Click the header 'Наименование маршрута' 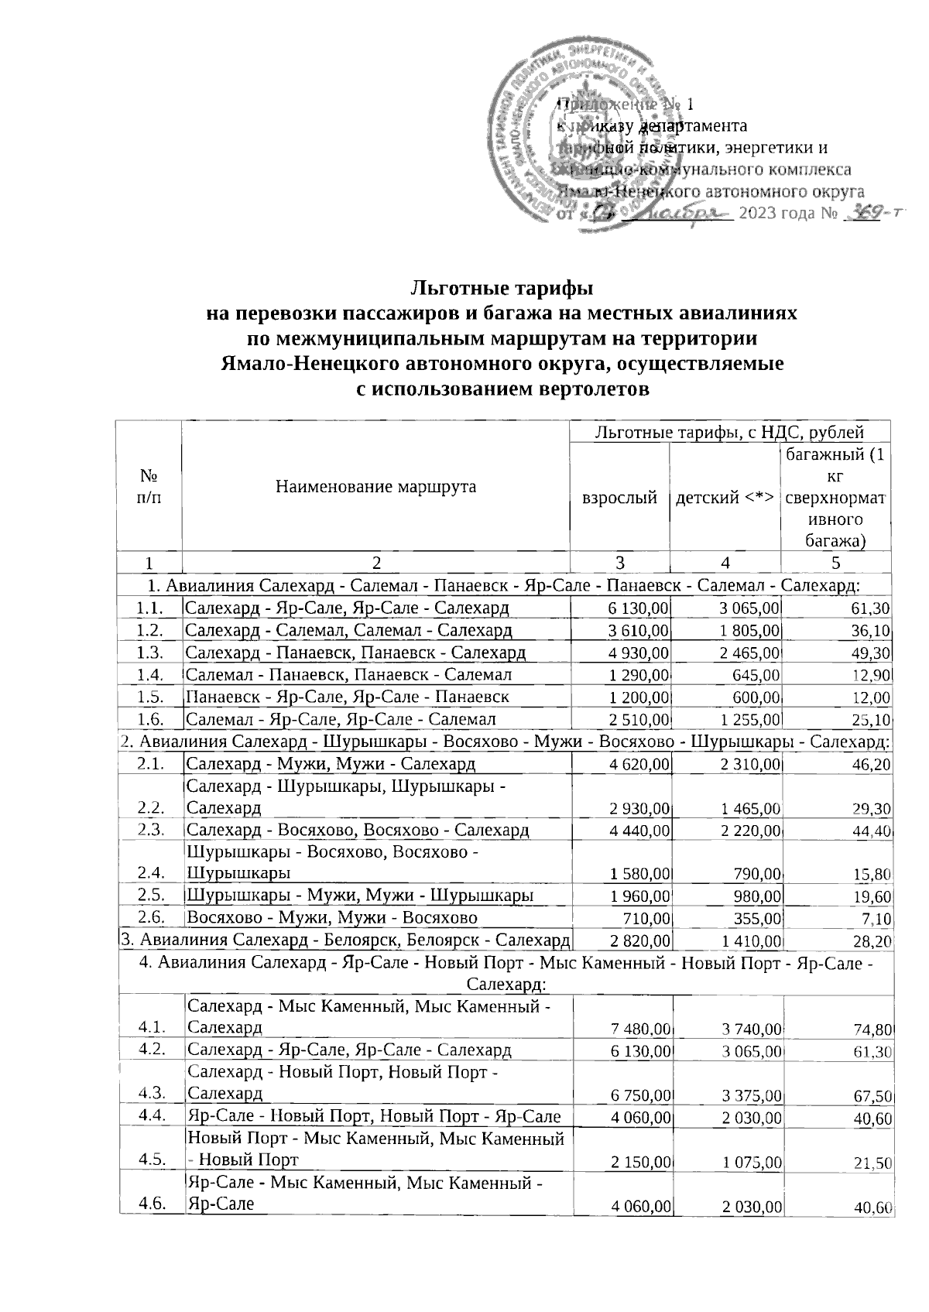375,486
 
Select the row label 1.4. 147,674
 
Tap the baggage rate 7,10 876,919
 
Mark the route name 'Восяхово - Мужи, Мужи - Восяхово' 332,918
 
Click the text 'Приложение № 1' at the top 626,104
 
